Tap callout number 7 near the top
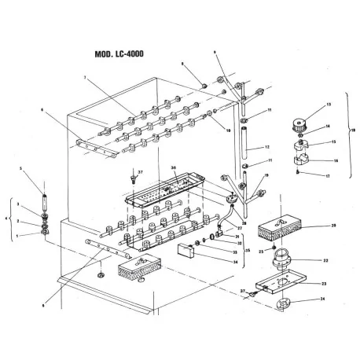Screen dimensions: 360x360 83,77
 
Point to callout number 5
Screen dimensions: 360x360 32,169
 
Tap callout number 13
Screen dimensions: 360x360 307,104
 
